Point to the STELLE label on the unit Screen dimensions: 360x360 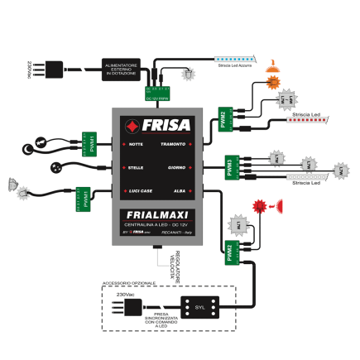(x=136, y=168)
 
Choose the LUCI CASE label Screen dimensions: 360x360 (x=139, y=190)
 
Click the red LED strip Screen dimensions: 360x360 (x=307, y=121)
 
